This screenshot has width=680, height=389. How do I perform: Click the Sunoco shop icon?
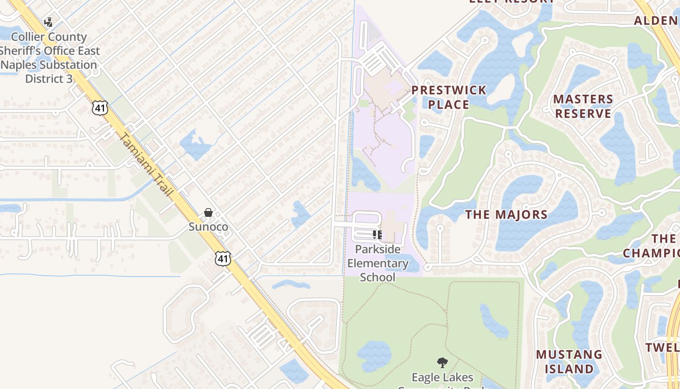[208, 213]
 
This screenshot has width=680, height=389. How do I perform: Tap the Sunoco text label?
[208, 227]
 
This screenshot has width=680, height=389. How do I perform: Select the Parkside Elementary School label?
[378, 263]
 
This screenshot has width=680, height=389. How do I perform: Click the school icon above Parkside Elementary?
[377, 235]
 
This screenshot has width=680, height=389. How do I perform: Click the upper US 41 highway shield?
[100, 108]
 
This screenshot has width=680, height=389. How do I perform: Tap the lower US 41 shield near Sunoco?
[222, 259]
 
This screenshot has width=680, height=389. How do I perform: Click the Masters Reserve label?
[583, 106]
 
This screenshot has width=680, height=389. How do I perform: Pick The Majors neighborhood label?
[507, 214]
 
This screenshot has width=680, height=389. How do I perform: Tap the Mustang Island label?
[569, 361]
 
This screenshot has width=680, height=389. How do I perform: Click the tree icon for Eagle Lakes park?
[442, 362]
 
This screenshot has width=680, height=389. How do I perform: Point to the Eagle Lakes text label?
[442, 378]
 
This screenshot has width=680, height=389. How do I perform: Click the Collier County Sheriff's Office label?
[49, 57]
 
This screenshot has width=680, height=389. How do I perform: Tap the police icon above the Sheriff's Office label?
[49, 22]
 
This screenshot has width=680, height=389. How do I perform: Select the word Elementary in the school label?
[378, 264]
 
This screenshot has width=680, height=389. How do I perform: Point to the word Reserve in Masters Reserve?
[583, 113]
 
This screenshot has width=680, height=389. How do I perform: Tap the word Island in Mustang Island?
[569, 369]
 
